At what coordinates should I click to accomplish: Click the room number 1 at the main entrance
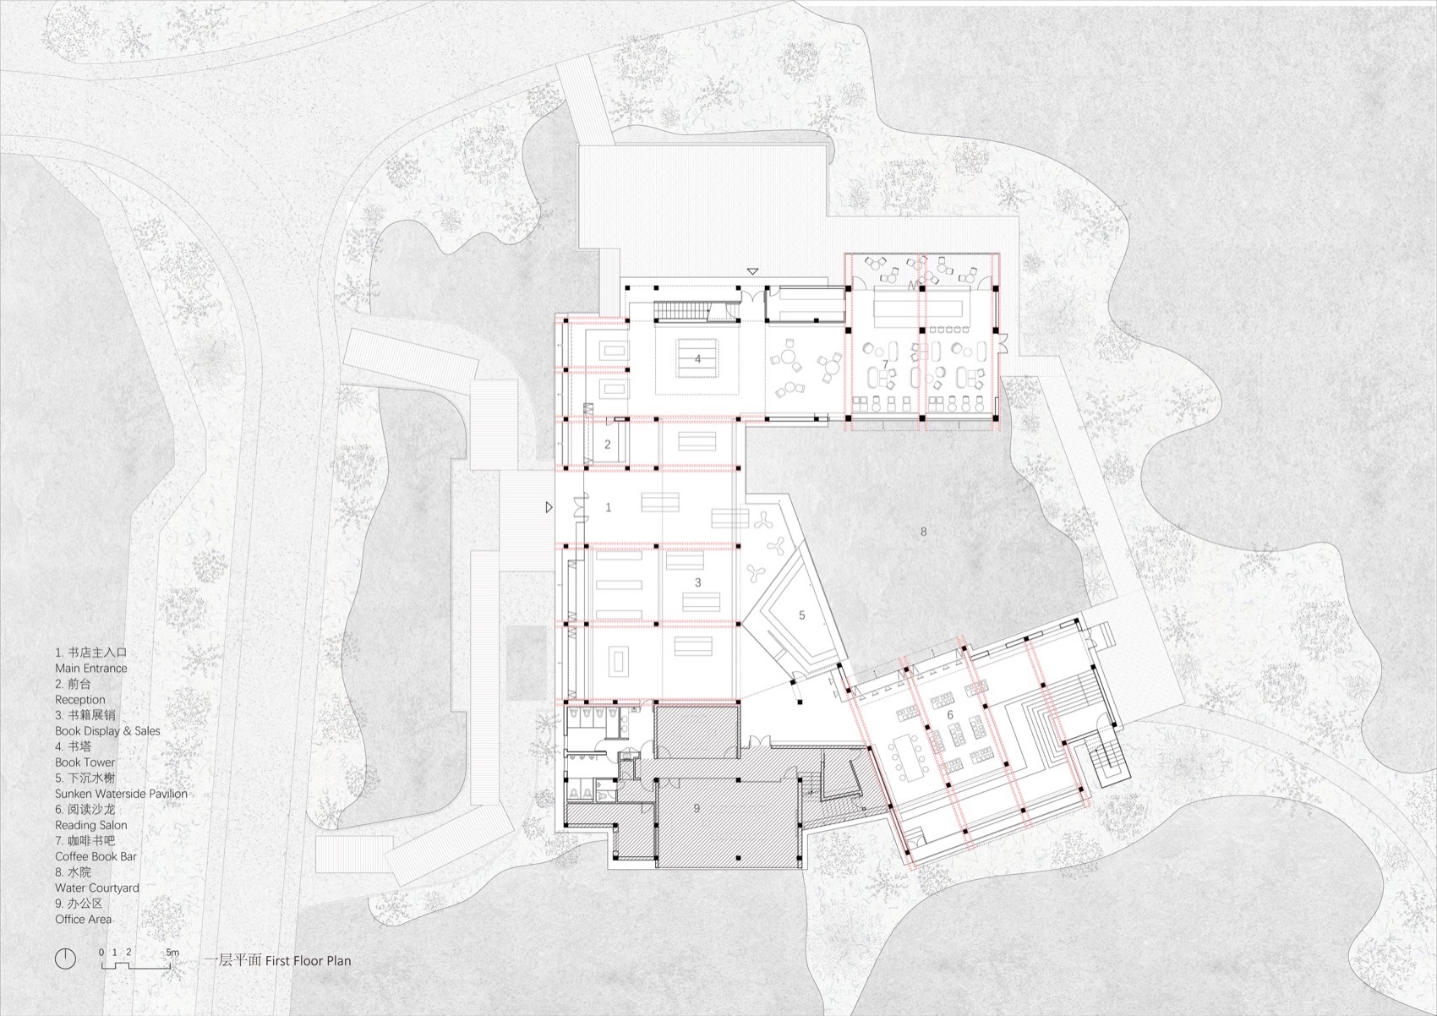[x=609, y=507]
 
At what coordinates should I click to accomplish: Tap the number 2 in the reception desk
[x=607, y=444]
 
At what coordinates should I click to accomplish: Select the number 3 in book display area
[x=697, y=582]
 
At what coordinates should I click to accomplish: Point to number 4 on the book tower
[x=697, y=358]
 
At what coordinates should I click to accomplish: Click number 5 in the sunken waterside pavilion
[x=801, y=615]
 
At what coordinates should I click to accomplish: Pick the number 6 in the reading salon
[x=950, y=715]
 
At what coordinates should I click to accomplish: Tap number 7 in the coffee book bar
[x=885, y=364]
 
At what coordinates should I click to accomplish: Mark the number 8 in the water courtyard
[x=924, y=532]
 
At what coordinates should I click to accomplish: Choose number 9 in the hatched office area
[x=697, y=809]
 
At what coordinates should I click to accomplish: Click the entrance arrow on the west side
[x=549, y=507]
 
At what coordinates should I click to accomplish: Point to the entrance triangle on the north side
[x=752, y=271]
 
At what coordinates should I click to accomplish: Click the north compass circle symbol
[x=65, y=959]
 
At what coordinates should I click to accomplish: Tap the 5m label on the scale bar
[x=172, y=953]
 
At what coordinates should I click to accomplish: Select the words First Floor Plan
[x=308, y=960]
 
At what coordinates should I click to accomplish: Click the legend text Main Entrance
[x=91, y=669]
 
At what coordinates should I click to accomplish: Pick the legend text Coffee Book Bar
[x=96, y=857]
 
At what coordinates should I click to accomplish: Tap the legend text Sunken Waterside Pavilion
[x=121, y=794]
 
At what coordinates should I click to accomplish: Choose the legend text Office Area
[x=83, y=920]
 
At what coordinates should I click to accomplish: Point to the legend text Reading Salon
[x=91, y=825]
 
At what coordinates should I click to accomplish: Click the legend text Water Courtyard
[x=97, y=888]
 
